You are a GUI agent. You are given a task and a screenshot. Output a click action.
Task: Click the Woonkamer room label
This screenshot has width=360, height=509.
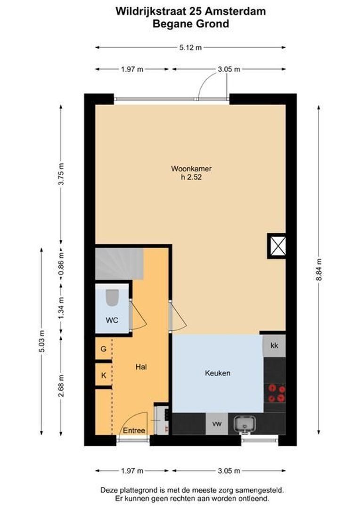[x=191, y=169]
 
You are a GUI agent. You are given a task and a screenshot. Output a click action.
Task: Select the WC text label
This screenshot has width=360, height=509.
[x=112, y=320]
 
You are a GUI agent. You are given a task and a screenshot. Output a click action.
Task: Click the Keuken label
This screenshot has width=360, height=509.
[x=218, y=373]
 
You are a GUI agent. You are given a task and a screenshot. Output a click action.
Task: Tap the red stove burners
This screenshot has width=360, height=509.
[x=277, y=393]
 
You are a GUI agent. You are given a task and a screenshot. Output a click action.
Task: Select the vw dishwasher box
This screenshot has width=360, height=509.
[x=217, y=424]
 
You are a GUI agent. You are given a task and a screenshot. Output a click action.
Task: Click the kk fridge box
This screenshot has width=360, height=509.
[x=274, y=345]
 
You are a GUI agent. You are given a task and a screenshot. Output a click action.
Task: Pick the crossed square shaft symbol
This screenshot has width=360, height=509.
[x=277, y=246]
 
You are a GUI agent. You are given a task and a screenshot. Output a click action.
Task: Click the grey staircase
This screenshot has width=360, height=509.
[x=119, y=264]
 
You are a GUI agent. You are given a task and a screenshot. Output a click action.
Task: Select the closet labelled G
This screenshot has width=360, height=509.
[x=103, y=349]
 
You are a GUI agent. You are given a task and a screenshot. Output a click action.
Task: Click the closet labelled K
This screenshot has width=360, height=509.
[x=103, y=376]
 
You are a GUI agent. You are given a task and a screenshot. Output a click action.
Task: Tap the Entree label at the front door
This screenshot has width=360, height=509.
[x=134, y=430]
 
